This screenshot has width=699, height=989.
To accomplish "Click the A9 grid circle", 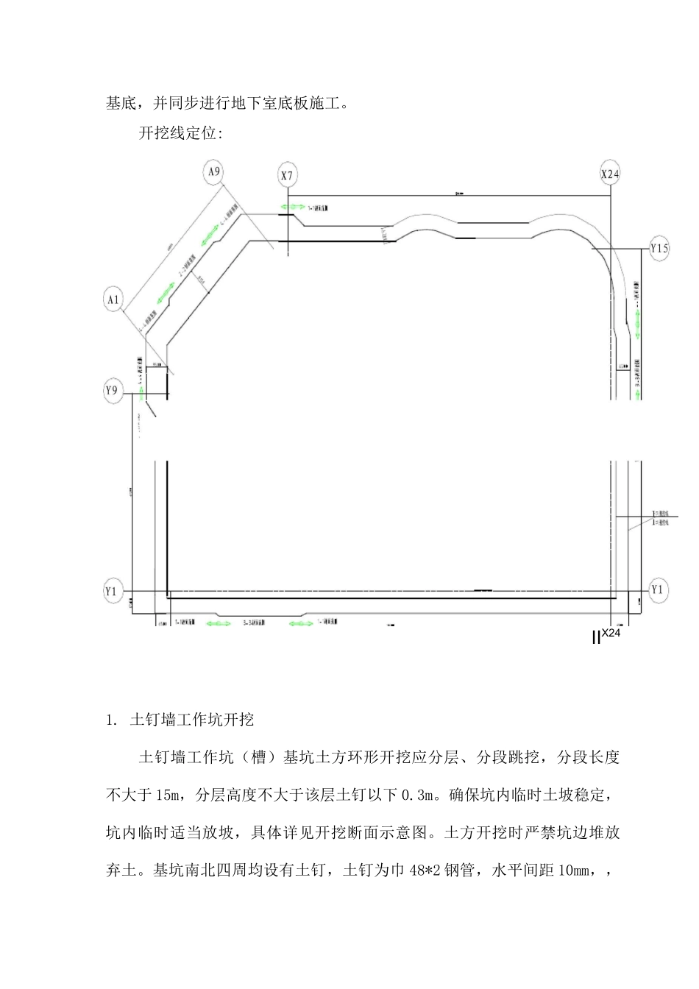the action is tap(213, 172).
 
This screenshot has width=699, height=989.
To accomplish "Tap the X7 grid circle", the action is tap(287, 175).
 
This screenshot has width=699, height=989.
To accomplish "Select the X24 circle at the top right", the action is tap(611, 174).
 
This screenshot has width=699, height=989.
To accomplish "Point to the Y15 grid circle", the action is tap(659, 249).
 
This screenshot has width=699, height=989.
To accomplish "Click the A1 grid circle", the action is tap(113, 299).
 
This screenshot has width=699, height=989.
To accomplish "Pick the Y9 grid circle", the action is tap(112, 391).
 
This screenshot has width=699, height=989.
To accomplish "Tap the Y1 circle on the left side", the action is tap(112, 591).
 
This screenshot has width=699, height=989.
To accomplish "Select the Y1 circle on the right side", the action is tap(658, 590).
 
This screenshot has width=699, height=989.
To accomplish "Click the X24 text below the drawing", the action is tap(611, 633).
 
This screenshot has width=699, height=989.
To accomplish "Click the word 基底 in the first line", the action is tap(121, 104).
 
